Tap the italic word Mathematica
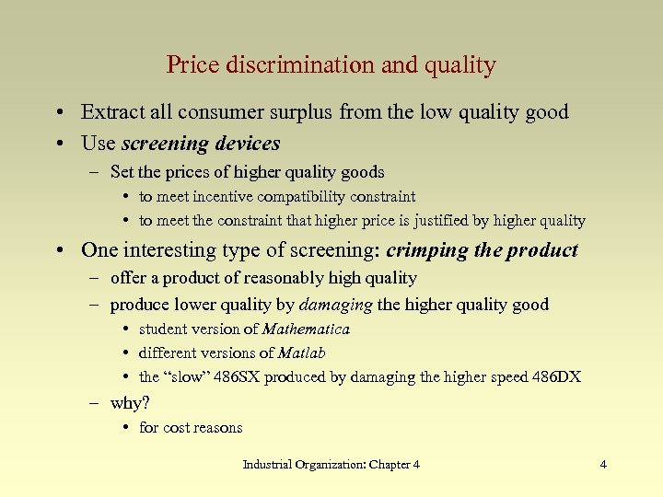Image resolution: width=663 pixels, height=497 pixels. [306, 329]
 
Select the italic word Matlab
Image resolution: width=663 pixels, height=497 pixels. [302, 353]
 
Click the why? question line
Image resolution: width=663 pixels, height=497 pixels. [130, 403]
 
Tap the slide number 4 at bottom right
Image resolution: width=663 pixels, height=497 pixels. [603, 465]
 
